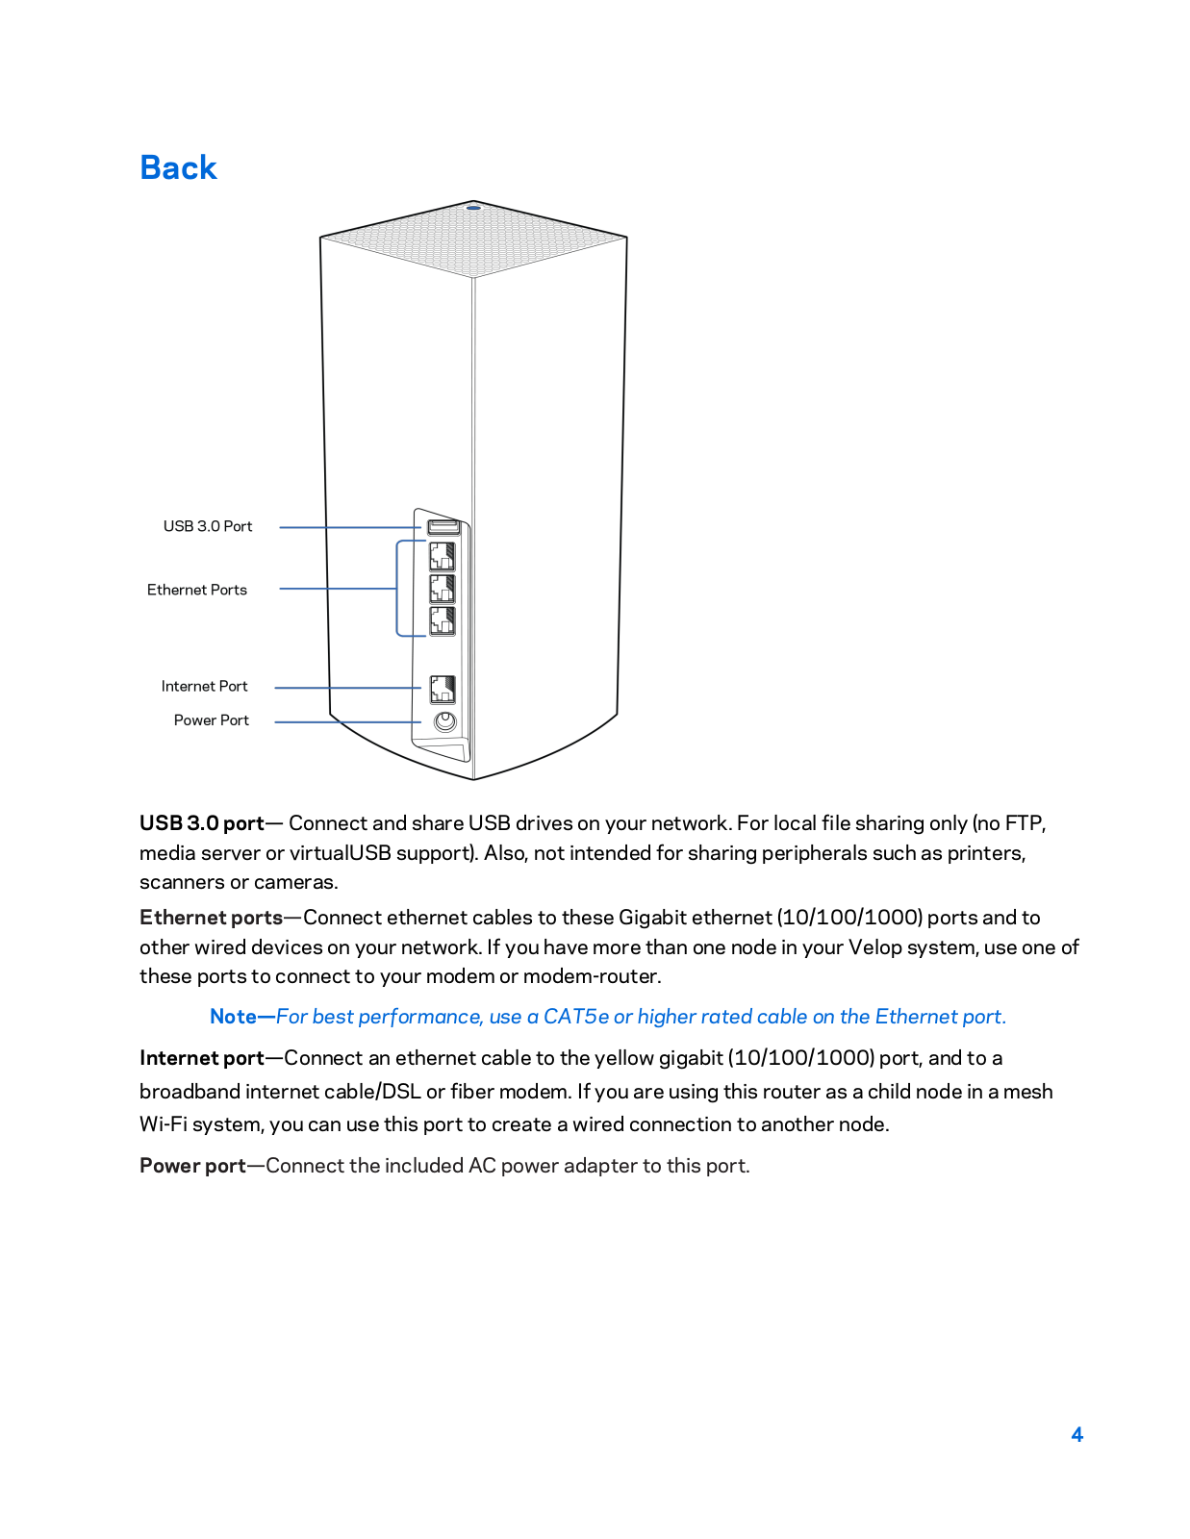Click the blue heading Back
[x=178, y=167]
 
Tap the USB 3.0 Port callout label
[x=207, y=526]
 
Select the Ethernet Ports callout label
[x=196, y=590]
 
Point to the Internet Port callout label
[x=204, y=686]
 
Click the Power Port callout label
[x=211, y=719]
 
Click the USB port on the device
[x=443, y=527]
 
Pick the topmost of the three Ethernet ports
[x=442, y=557]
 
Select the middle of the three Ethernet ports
[x=442, y=589]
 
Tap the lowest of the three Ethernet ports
[x=442, y=620]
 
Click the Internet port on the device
[x=442, y=689]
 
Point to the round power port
[x=444, y=721]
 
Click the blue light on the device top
[x=472, y=207]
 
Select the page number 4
[x=1076, y=1434]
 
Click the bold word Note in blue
[x=234, y=1017]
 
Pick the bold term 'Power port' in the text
[x=192, y=1166]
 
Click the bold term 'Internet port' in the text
[x=201, y=1058]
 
